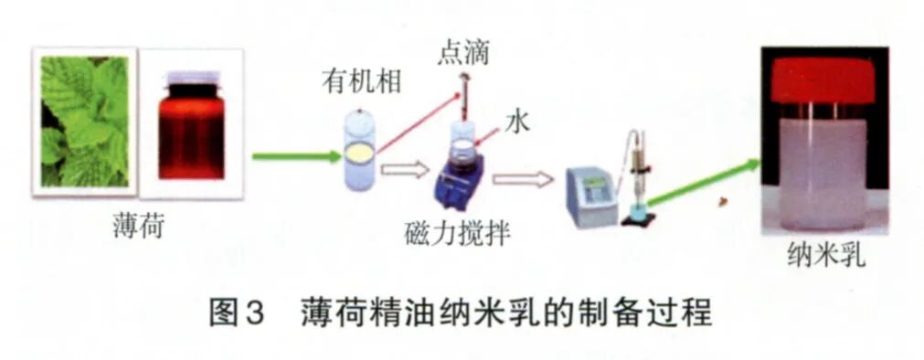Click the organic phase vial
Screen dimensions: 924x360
358,151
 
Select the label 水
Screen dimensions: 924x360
518,122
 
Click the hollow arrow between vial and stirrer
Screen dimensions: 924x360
404,168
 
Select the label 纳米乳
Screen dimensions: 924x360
825,259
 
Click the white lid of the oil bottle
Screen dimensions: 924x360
191,79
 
